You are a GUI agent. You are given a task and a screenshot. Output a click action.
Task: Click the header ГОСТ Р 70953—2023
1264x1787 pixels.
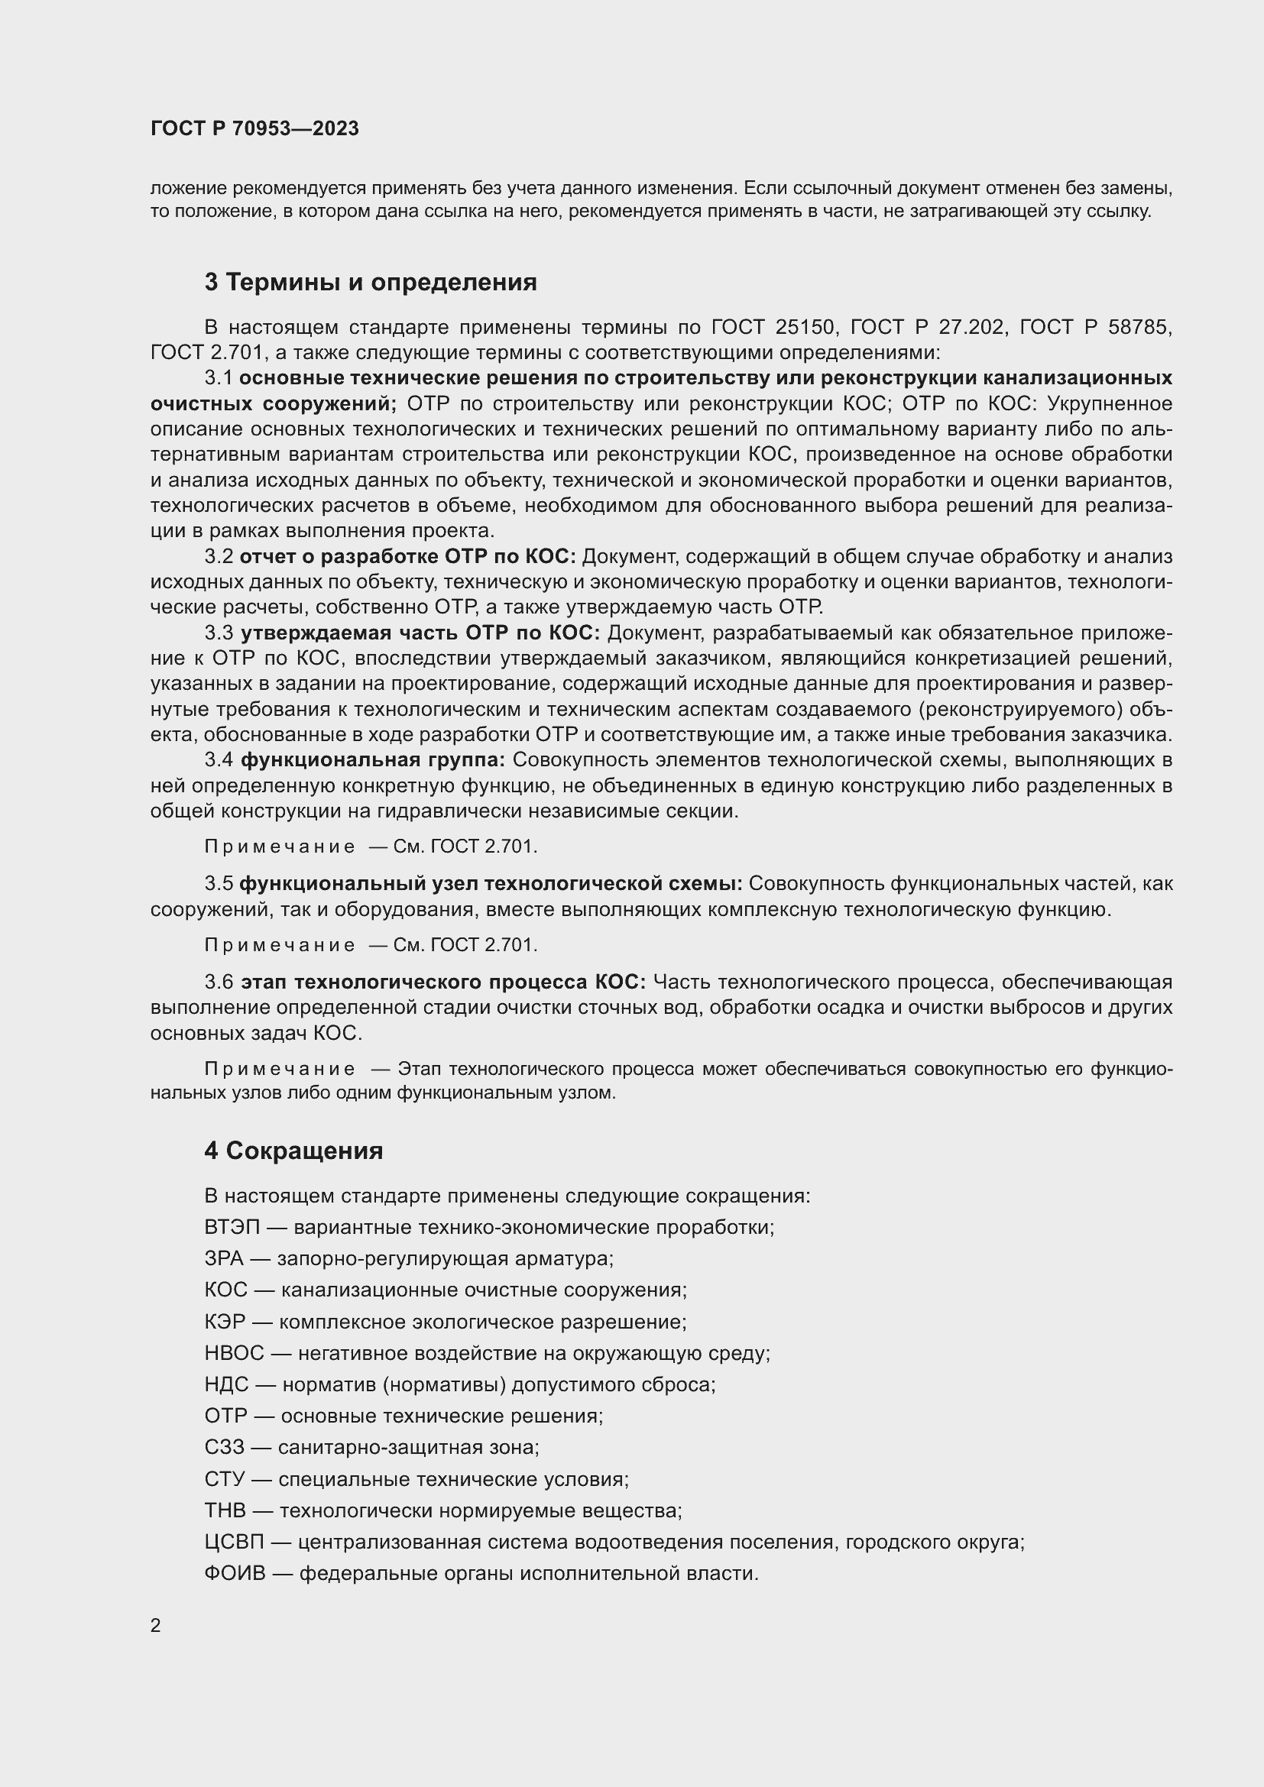[x=254, y=128]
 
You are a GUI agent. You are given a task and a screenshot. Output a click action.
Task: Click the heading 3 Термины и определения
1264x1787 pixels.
[x=371, y=282]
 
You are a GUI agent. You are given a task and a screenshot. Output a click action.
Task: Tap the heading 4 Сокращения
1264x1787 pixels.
[x=293, y=1151]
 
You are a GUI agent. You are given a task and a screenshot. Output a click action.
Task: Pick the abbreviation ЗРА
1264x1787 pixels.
[x=224, y=1258]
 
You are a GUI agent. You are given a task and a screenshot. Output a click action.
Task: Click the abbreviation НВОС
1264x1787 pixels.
[x=235, y=1353]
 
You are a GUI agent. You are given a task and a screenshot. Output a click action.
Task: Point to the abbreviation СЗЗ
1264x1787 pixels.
[x=224, y=1447]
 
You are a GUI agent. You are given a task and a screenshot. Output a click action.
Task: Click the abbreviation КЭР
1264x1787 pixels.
[x=225, y=1322]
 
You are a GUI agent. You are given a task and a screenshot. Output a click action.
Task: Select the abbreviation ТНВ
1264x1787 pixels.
[x=225, y=1510]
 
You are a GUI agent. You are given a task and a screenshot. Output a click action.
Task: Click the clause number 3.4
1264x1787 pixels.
[x=219, y=759]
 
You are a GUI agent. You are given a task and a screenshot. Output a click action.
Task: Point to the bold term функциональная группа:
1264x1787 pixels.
[x=373, y=759]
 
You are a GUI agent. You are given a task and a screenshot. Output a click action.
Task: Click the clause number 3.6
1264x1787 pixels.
[x=219, y=983]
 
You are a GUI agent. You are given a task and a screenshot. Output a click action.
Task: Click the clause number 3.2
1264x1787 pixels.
[x=219, y=556]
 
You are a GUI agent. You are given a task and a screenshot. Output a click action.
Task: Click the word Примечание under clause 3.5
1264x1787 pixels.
[x=280, y=945]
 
